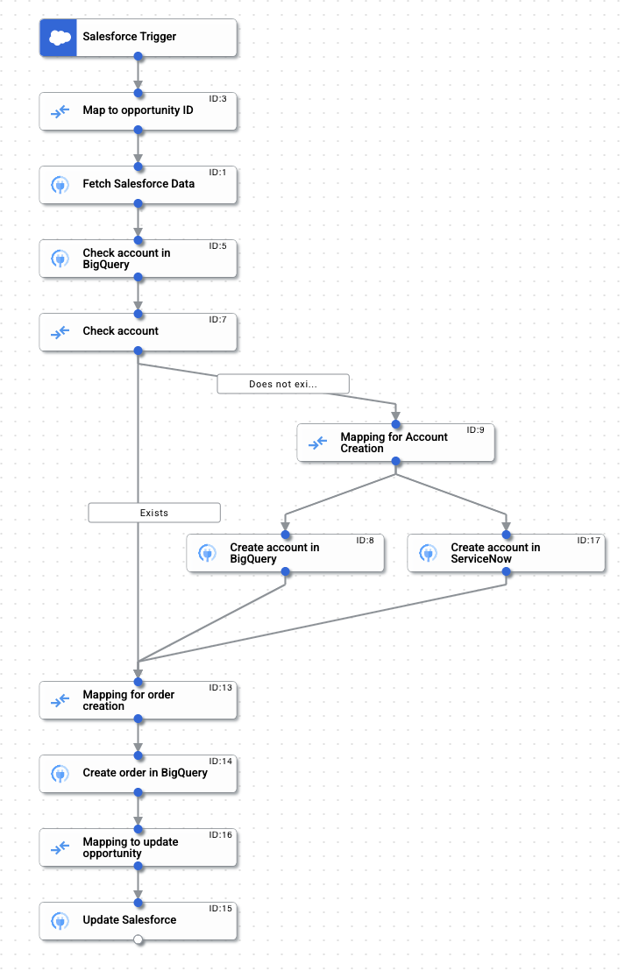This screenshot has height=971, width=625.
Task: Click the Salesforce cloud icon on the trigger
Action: [59, 38]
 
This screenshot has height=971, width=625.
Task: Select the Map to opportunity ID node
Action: [138, 111]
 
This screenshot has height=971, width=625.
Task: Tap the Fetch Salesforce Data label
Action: [138, 184]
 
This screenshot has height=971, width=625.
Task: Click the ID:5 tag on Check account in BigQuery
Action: [217, 246]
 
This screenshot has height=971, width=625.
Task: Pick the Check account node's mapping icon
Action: [60, 332]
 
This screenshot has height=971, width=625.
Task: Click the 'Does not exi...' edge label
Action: [283, 384]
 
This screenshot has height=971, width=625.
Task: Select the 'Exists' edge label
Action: [154, 513]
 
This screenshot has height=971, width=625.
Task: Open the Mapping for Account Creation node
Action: [395, 443]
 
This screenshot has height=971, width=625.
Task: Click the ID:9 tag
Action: [475, 430]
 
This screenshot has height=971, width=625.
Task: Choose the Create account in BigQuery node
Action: [285, 553]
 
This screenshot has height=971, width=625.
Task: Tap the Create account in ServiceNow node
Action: [506, 553]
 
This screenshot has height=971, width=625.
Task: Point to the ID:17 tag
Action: [588, 541]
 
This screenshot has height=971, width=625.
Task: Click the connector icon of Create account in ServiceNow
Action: [428, 553]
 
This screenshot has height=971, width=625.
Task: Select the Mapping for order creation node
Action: [138, 700]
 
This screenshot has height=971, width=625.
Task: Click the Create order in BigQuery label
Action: [145, 773]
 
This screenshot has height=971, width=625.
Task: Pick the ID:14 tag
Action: [220, 762]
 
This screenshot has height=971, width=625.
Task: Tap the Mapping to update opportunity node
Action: [138, 847]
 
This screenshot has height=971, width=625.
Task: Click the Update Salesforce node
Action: [138, 920]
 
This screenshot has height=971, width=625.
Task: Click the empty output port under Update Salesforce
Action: [138, 939]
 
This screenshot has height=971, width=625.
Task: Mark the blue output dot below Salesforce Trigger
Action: [138, 57]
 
